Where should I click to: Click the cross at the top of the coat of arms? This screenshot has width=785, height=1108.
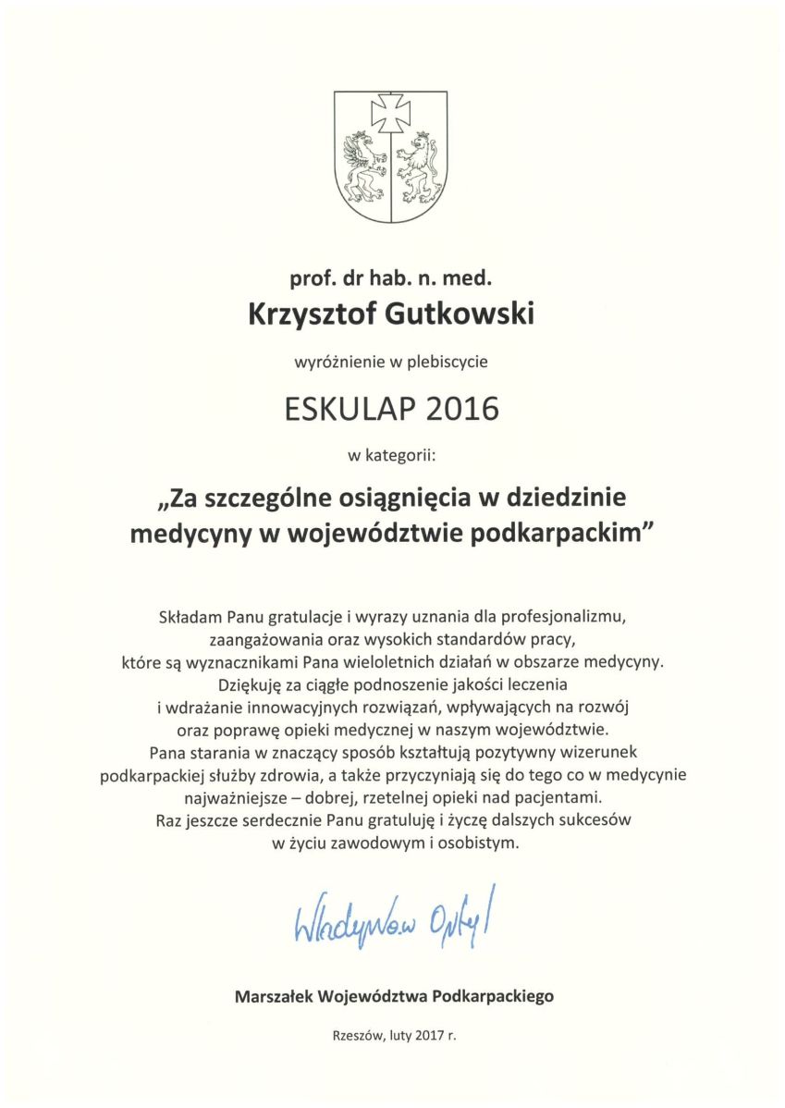coord(392,114)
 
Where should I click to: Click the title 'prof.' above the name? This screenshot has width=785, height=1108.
coord(310,275)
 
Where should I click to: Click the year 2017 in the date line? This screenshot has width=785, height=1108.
coord(429,1037)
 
